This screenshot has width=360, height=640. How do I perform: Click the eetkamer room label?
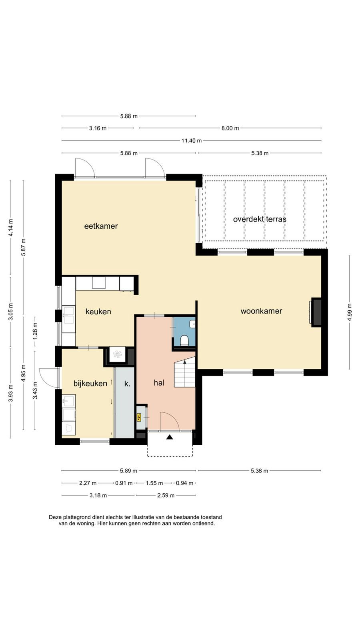coord(101,226)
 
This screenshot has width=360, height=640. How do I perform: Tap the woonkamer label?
coord(262,311)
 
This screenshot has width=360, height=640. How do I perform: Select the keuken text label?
coord(98,312)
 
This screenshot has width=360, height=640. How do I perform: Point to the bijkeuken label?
coord(90,384)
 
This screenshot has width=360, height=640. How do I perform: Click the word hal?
coord(159,383)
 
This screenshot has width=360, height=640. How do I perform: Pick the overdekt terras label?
coord(260,219)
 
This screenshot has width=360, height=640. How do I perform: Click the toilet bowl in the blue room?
coord(184,340)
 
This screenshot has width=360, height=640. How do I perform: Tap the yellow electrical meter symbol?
coord(139,418)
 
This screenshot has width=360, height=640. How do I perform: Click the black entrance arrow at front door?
coord(170,437)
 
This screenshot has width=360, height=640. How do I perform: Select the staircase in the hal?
coord(184,373)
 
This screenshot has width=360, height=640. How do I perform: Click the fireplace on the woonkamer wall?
coord(316,312)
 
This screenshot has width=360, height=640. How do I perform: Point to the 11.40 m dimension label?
coord(192,140)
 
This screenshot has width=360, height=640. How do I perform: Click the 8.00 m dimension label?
coord(230,128)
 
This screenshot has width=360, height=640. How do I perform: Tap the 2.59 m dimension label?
coord(166,496)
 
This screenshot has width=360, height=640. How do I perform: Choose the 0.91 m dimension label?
coord(124,483)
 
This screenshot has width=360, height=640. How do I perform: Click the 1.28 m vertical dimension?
coord(35,331)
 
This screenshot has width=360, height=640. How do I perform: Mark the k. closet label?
coord(127,384)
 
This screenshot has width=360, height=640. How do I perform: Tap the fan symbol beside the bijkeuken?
coord(117,354)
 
